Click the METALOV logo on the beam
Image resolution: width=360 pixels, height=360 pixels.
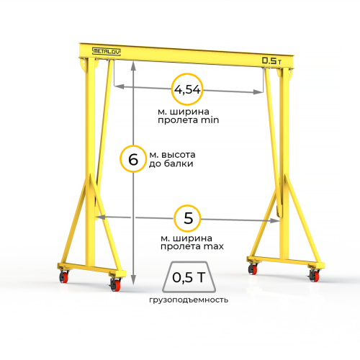point(107,51)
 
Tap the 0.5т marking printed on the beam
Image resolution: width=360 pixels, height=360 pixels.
point(271,60)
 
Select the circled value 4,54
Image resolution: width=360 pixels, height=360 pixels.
point(187,89)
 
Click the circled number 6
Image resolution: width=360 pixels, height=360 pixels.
point(133,159)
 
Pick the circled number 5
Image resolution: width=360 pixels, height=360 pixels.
point(187,218)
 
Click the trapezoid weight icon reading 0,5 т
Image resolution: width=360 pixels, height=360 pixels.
point(189,277)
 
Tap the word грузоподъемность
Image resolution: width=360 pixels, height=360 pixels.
point(189,300)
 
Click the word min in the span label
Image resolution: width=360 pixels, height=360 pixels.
point(210,120)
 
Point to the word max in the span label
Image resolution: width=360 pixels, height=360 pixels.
point(213,246)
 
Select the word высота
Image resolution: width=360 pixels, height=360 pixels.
point(179,155)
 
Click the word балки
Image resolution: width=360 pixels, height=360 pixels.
point(179,163)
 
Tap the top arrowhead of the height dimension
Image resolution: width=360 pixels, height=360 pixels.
point(133,66)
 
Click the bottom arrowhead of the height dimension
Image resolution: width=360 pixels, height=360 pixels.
point(133,280)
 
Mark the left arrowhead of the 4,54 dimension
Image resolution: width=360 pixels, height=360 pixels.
point(119,86)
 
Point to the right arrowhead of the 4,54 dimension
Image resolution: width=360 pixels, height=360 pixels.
point(258,91)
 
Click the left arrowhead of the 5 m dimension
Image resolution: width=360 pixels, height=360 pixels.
point(101,217)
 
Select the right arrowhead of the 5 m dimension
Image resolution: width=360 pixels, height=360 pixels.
point(275,220)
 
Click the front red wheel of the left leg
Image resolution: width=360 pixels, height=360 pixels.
point(115,284)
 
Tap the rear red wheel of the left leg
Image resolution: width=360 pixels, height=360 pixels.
point(64,276)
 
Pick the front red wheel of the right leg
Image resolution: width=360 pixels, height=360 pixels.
point(314,276)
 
